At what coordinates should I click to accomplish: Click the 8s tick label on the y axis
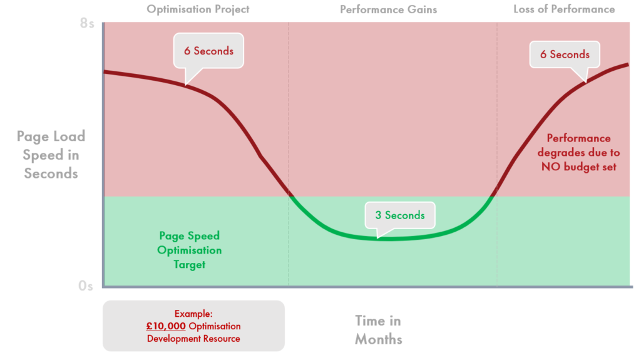(x=87, y=23)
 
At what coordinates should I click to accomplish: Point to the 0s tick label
(x=86, y=285)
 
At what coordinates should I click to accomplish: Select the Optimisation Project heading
(x=198, y=9)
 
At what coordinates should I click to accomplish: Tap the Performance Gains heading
(x=388, y=9)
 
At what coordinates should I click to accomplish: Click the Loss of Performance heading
(x=564, y=9)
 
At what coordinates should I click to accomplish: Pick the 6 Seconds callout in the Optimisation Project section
(x=208, y=51)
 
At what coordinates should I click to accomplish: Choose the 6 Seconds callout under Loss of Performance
(x=565, y=54)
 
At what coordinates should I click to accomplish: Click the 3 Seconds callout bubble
(x=400, y=215)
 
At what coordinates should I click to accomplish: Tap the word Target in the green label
(x=189, y=265)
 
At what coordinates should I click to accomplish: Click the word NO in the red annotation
(x=551, y=167)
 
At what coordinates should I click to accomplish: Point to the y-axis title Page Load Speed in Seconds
(x=51, y=155)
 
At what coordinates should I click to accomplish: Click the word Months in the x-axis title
(x=379, y=339)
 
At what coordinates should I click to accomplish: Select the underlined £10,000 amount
(x=166, y=326)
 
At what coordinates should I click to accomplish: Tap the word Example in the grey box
(x=193, y=314)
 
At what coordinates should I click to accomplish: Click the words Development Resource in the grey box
(x=193, y=339)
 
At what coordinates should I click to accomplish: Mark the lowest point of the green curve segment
(x=388, y=239)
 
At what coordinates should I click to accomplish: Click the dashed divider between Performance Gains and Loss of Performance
(x=497, y=154)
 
